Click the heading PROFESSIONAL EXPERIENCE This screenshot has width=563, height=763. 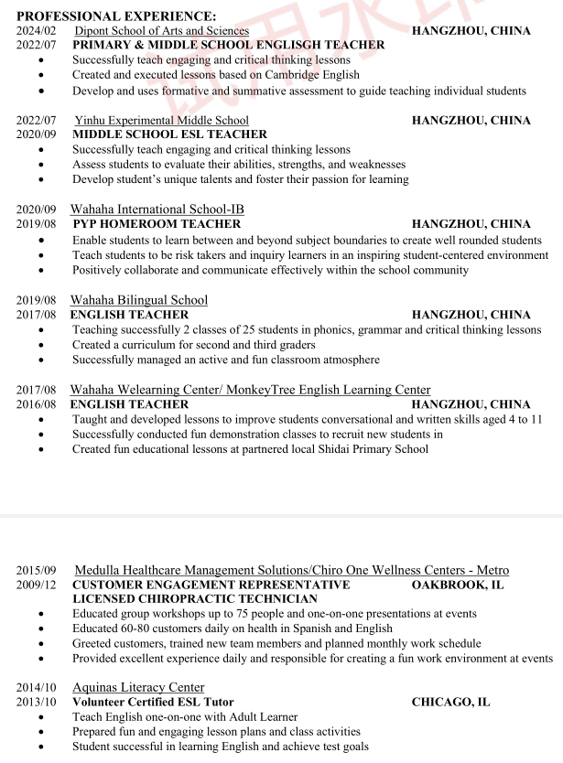[x=116, y=16]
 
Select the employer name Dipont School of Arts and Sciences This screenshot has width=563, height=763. [x=161, y=30]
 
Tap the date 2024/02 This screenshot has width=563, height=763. [x=36, y=30]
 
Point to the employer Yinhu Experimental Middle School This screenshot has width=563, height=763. [x=161, y=120]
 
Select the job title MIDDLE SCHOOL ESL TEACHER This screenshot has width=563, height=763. [x=169, y=134]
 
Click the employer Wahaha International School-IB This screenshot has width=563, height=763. [x=157, y=209]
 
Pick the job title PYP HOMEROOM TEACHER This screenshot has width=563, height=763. [x=156, y=224]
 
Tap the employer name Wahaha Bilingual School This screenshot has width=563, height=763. [x=139, y=299]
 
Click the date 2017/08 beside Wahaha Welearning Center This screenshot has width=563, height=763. [x=36, y=390]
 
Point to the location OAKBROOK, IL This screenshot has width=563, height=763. [x=458, y=585]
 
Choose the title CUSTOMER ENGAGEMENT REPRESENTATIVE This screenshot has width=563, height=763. [x=211, y=585]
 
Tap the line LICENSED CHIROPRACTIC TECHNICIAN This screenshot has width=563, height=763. [x=195, y=599]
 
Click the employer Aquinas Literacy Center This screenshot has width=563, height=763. [x=138, y=687]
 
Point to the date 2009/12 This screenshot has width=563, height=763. [x=36, y=585]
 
